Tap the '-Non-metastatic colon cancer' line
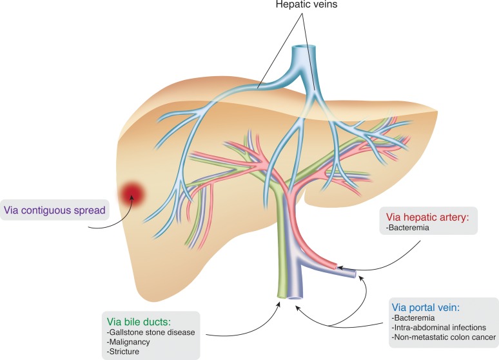click(443, 337)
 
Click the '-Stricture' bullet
click(124, 352)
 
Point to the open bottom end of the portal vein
click(295, 298)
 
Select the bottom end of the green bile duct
click(281, 297)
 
